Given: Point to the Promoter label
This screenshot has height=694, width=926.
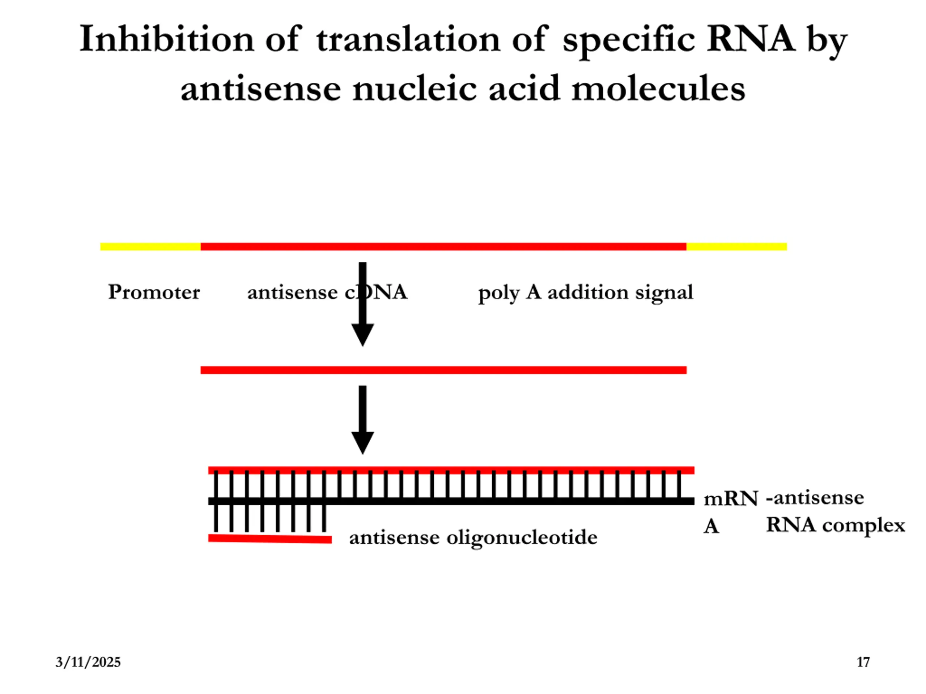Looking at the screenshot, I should coord(154,292).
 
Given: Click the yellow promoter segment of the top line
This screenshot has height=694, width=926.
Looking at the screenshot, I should coord(150,247).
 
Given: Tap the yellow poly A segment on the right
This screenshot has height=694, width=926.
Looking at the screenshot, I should coord(736,247).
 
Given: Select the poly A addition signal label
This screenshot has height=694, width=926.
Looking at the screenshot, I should coord(586,292).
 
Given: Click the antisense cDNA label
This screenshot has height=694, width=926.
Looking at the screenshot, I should coord(327,292).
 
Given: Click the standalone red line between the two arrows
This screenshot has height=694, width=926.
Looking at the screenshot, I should coord(443,370).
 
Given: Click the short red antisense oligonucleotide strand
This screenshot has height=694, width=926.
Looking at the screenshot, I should coord(270,539).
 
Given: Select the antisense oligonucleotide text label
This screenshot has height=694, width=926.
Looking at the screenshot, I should coord(473,537).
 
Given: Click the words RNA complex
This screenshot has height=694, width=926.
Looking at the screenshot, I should coord(835,525).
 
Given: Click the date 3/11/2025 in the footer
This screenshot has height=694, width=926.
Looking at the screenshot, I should coord(88,662).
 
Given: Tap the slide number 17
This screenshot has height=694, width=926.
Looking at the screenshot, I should coord(863,662).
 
